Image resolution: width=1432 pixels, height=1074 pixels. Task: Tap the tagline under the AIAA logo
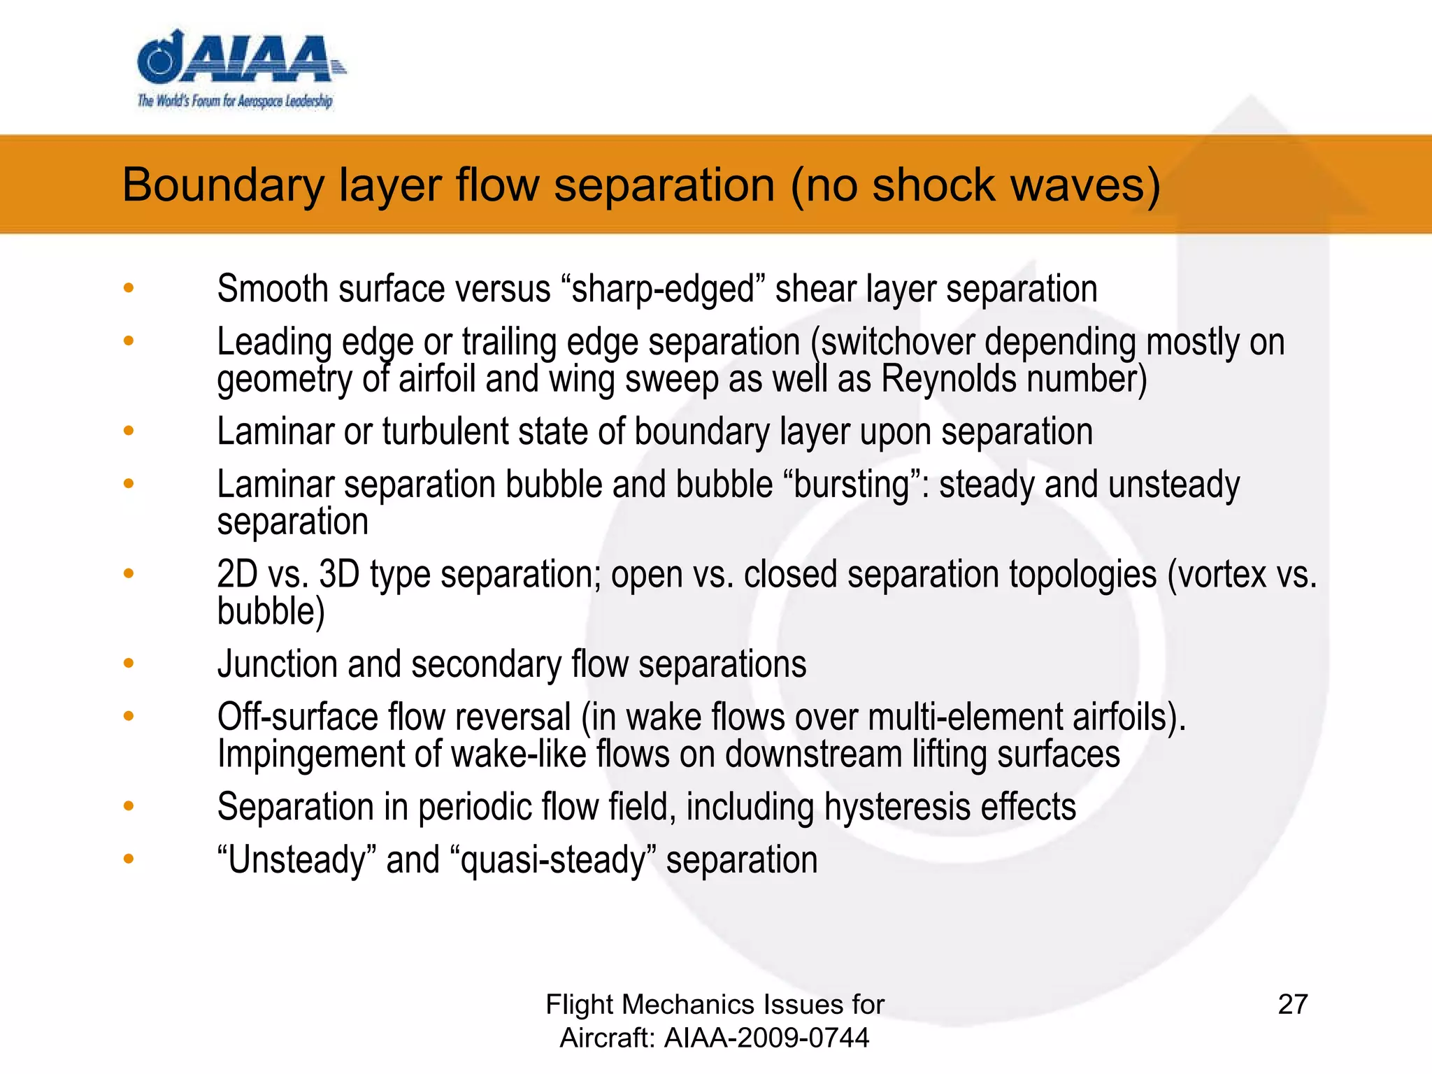tap(235, 101)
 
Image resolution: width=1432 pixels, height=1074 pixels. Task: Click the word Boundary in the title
tap(223, 185)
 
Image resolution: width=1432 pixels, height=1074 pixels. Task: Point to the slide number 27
tap(1292, 1004)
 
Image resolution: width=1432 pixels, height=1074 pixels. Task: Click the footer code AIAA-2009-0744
tap(766, 1038)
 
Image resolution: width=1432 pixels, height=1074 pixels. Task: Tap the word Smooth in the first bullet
tap(272, 289)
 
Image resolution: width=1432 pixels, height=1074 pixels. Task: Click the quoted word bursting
tap(852, 485)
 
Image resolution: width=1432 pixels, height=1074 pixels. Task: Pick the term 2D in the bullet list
tap(237, 574)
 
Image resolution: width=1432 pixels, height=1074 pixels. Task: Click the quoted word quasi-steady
tap(552, 860)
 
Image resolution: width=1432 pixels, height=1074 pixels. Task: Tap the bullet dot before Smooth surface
tap(128, 287)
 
